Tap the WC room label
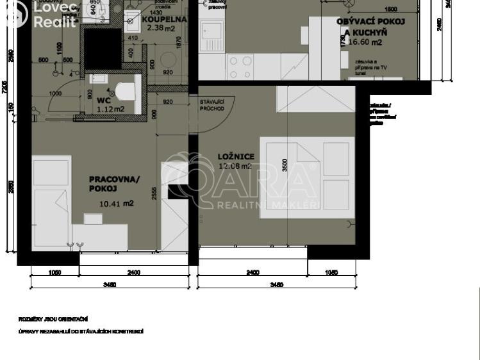pos(104,101)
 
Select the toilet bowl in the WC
pos(128,89)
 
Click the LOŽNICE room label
pos(236,156)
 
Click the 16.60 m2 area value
pos(365,42)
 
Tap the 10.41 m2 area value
pos(116,204)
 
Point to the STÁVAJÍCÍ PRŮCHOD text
pos(212,105)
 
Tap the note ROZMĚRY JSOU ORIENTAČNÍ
pos(53,318)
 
